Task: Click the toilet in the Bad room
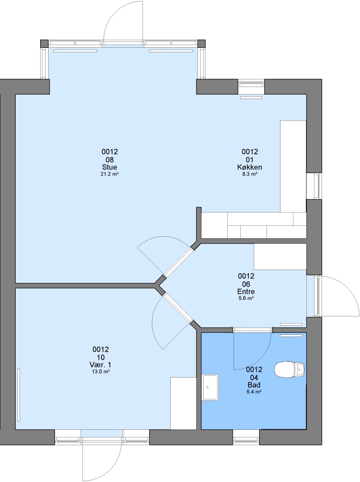click(289, 369)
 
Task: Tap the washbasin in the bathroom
click(210, 387)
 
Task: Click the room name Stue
click(109, 167)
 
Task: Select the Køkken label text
click(250, 167)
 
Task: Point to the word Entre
click(246, 291)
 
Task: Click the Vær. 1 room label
click(100, 365)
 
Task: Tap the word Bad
click(254, 385)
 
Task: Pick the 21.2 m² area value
click(110, 174)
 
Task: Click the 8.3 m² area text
click(250, 174)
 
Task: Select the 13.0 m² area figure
click(100, 372)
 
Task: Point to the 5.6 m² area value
click(246, 298)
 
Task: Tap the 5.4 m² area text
click(254, 392)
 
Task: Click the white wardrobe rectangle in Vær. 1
click(184, 403)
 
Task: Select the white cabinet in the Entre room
click(280, 257)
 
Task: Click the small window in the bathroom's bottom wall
click(246, 437)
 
